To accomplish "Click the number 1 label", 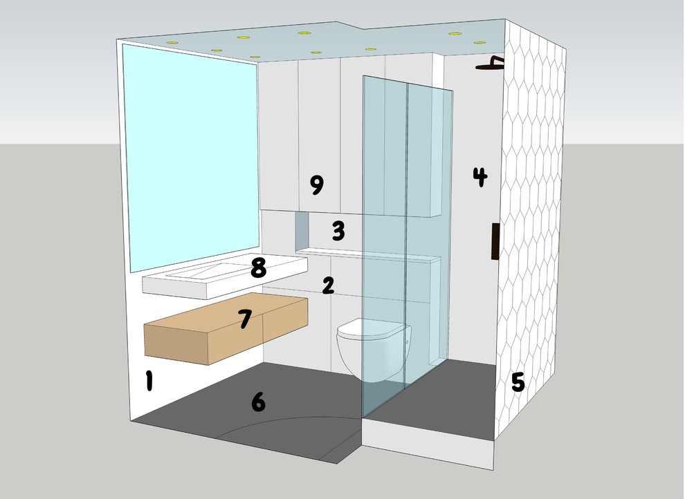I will click(148, 381).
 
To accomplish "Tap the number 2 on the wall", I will click(328, 284).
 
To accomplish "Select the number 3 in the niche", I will click(338, 230).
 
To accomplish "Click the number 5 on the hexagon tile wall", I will click(518, 382).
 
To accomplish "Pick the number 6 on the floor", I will click(257, 401).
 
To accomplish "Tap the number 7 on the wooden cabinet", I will click(244, 319).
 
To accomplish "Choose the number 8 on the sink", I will click(258, 268).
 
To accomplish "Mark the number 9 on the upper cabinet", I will click(316, 185).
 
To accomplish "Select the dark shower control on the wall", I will click(495, 241).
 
